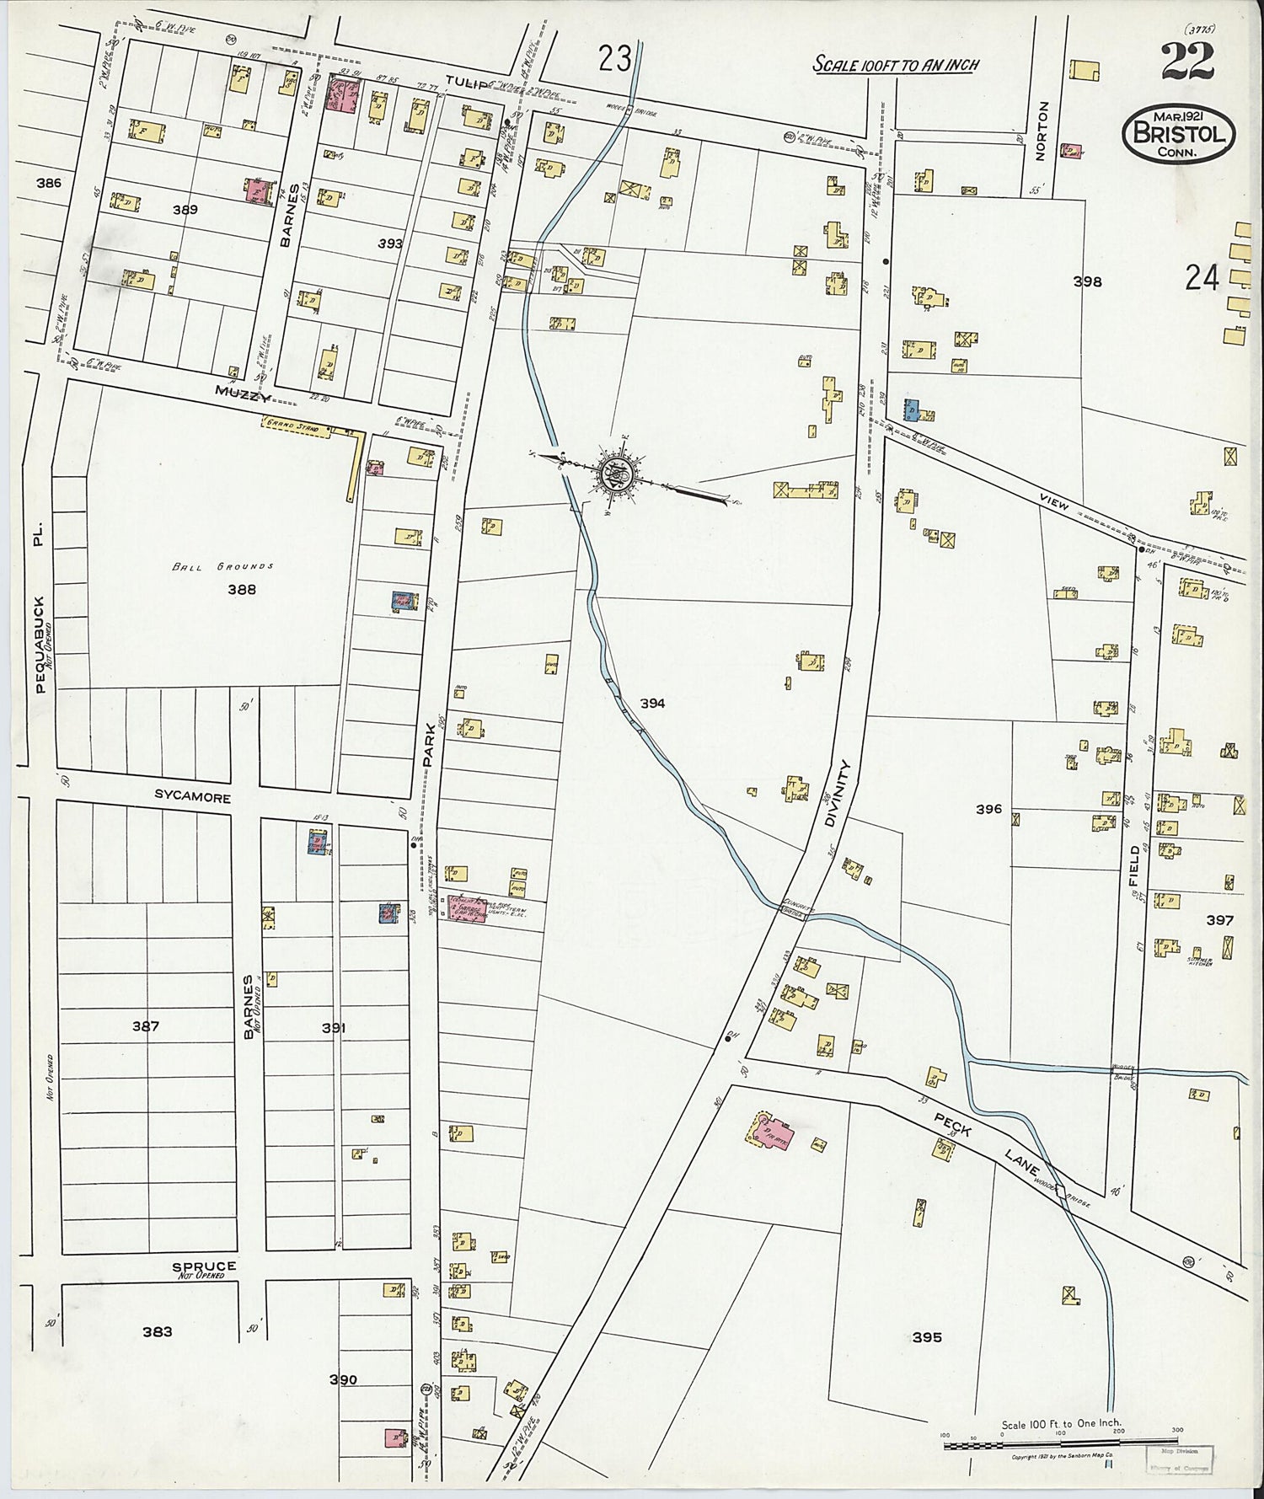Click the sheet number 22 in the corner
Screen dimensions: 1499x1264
pyautogui.click(x=1186, y=60)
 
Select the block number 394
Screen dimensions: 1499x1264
pyautogui.click(x=652, y=703)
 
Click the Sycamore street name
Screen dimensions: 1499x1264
pyautogui.click(x=192, y=796)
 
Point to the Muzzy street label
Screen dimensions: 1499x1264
pyautogui.click(x=239, y=391)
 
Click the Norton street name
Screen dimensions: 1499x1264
pyautogui.click(x=1043, y=131)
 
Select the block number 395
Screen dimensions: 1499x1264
pyautogui.click(x=926, y=1337)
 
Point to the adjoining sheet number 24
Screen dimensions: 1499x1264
pyautogui.click(x=1201, y=278)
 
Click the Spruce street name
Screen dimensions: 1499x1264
pyautogui.click(x=204, y=1266)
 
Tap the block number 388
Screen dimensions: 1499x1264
pyautogui.click(x=241, y=590)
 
